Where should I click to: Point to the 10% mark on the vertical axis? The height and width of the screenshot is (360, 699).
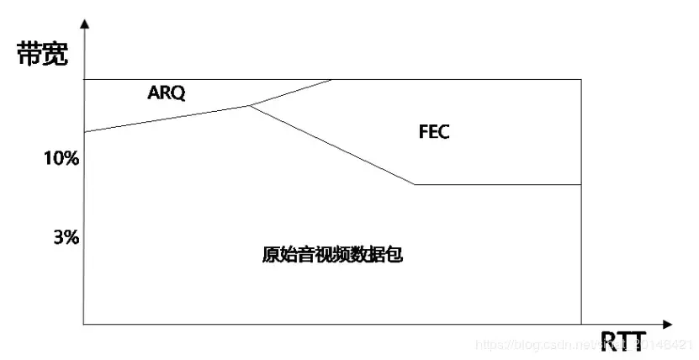pyautogui.click(x=61, y=157)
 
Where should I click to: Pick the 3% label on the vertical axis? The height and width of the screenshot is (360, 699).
pyautogui.click(x=66, y=237)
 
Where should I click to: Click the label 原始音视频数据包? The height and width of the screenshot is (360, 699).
pyautogui.click(x=332, y=255)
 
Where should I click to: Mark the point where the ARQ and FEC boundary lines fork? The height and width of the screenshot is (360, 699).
pyautogui.click(x=250, y=105)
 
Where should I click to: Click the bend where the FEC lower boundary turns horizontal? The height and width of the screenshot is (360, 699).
pyautogui.click(x=415, y=184)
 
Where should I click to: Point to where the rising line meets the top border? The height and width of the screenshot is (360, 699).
pyautogui.click(x=332, y=79)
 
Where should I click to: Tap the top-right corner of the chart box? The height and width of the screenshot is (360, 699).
pyautogui.click(x=581, y=79)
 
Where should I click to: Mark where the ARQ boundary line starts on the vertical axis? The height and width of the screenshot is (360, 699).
pyautogui.click(x=84, y=132)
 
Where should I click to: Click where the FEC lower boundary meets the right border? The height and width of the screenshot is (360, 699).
pyautogui.click(x=581, y=184)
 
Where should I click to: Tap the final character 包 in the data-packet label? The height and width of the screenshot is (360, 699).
pyautogui.click(x=394, y=255)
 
